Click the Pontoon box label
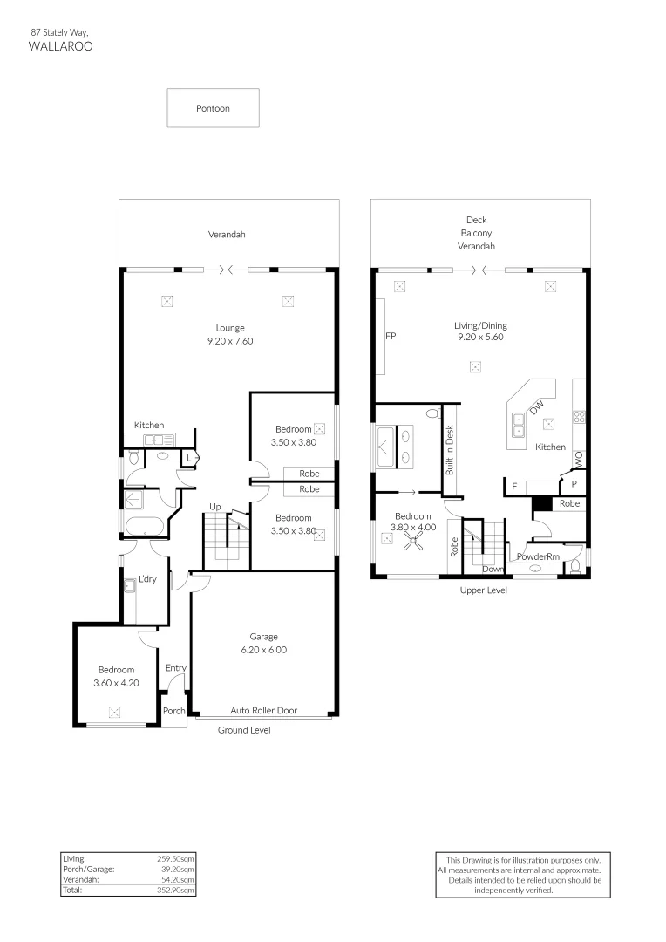click(213, 108)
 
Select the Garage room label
click(263, 637)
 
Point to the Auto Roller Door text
click(263, 710)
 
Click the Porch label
click(174, 711)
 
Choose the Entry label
click(176, 668)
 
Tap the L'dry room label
click(147, 580)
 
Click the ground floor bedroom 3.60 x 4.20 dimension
click(116, 683)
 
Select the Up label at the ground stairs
click(214, 507)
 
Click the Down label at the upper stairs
click(493, 569)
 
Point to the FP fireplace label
click(391, 335)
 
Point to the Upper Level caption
click(484, 590)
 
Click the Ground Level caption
click(244, 729)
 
